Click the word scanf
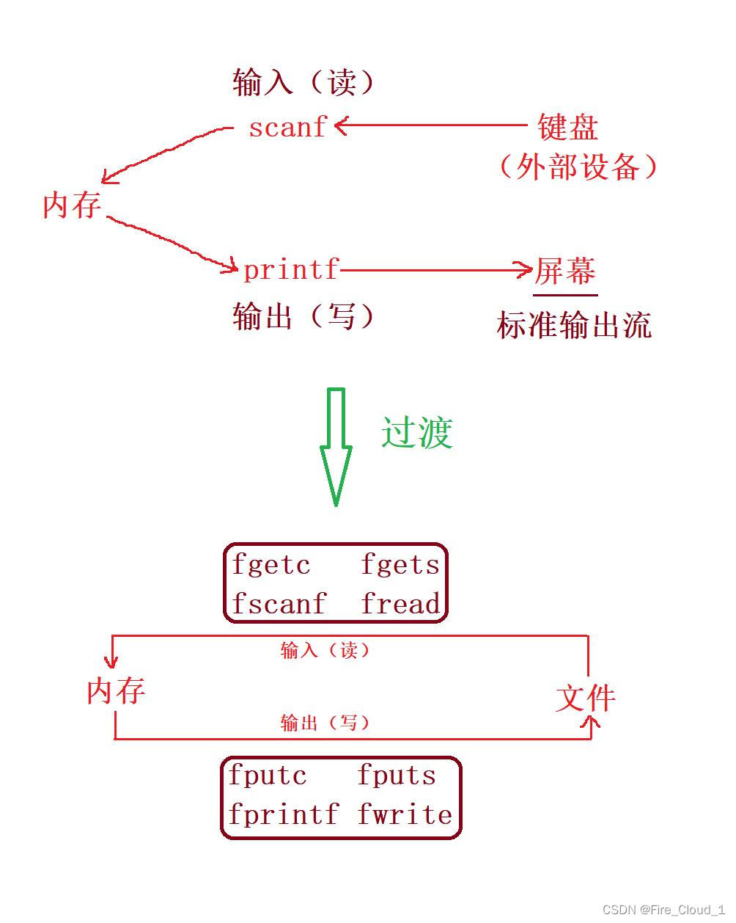tap(287, 128)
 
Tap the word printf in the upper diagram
tap(290, 270)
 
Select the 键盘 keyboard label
tap(567, 127)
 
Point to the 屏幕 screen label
tap(564, 271)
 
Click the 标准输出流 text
tap(574, 325)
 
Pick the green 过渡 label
tap(416, 432)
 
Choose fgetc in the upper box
tap(271, 565)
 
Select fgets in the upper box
tap(400, 565)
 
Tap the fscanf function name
tap(279, 605)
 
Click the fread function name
tap(401, 605)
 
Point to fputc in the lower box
tap(268, 776)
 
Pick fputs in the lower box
tap(397, 776)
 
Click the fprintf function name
tap(283, 814)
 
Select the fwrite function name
tap(405, 814)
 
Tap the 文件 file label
tap(585, 698)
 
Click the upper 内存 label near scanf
tap(71, 205)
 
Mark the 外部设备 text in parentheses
tap(578, 167)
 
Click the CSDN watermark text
tap(663, 910)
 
